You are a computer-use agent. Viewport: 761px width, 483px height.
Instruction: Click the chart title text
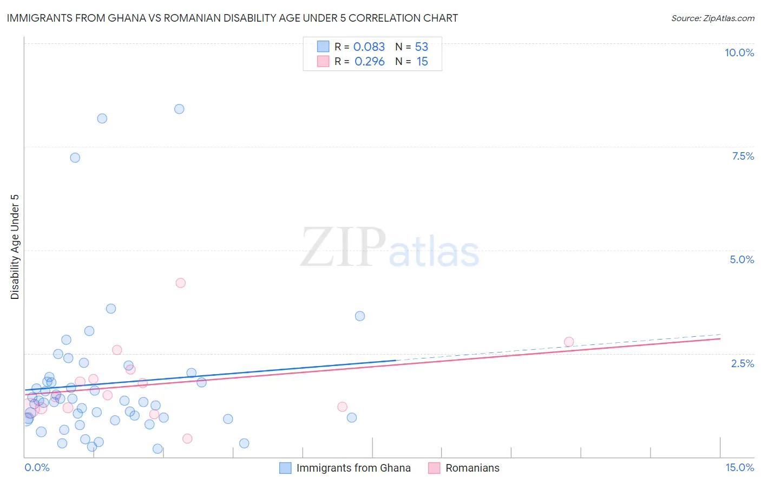(x=232, y=18)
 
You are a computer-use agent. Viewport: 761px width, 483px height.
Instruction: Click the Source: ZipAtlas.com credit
(x=712, y=18)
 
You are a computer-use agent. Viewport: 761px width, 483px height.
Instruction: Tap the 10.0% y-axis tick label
(x=739, y=53)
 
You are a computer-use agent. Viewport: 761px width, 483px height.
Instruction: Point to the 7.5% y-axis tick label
(x=743, y=156)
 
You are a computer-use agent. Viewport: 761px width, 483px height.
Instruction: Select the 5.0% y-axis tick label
(x=742, y=259)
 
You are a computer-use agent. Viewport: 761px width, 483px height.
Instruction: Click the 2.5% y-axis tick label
(x=742, y=363)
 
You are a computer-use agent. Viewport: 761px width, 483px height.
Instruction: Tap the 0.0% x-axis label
(x=37, y=467)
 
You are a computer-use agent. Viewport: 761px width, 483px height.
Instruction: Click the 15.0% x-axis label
(x=739, y=467)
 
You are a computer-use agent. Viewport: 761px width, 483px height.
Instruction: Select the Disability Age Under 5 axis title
(x=15, y=246)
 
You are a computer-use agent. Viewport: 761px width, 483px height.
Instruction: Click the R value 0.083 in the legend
(x=369, y=47)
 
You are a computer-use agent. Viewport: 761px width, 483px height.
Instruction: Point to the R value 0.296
(x=369, y=62)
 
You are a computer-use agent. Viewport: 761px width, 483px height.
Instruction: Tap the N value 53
(x=421, y=47)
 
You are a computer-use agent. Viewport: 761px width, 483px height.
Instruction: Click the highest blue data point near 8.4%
(x=179, y=109)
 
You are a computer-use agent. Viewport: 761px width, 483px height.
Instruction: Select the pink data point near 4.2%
(x=181, y=283)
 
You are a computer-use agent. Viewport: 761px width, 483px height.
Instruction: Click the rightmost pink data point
(x=569, y=342)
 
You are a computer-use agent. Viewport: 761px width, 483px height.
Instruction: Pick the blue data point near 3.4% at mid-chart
(x=360, y=316)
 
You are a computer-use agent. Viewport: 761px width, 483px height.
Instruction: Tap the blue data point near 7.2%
(x=75, y=158)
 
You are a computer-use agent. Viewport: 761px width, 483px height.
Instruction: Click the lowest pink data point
(x=187, y=439)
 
